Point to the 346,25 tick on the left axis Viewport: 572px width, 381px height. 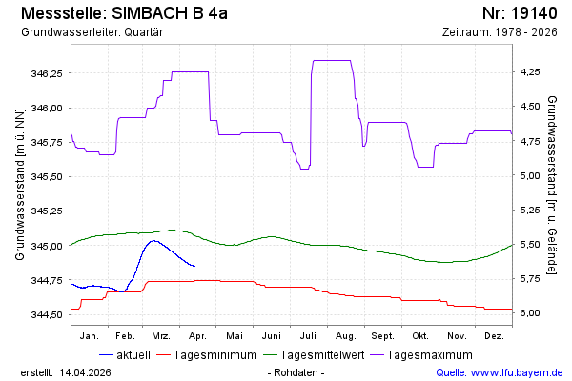pyautogui.click(x=48, y=73)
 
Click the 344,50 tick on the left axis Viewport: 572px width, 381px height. pyautogui.click(x=48, y=314)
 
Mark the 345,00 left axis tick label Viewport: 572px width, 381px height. pyautogui.click(x=48, y=246)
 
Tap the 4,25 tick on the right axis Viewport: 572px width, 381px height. pyautogui.click(x=530, y=72)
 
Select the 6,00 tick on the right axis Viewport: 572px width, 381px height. pyautogui.click(x=530, y=313)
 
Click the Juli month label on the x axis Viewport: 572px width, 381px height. pyautogui.click(x=308, y=336)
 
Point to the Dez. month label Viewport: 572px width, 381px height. pyautogui.click(x=493, y=336)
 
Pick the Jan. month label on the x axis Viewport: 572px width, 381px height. pyautogui.click(x=90, y=336)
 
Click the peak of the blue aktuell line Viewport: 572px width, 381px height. pyautogui.click(x=153, y=241)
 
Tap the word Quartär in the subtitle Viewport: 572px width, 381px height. pyautogui.click(x=142, y=32)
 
